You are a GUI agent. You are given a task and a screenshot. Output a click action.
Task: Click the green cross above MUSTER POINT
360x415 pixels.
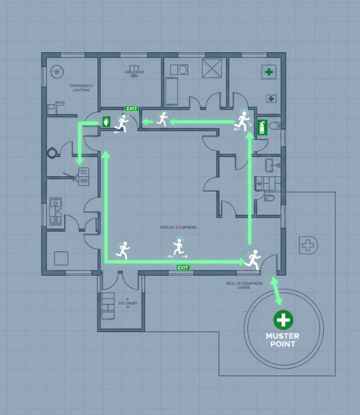(x=282, y=320)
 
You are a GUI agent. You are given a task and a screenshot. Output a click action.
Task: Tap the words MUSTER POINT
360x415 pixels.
(x=282, y=340)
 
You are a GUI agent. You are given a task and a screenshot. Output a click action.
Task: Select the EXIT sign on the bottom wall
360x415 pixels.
(x=182, y=267)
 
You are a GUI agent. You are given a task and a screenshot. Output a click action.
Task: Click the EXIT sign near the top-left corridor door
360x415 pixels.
(x=131, y=109)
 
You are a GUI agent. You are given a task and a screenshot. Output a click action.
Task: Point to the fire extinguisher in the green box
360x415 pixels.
(x=262, y=127)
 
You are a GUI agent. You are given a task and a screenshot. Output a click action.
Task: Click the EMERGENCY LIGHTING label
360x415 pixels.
(x=82, y=88)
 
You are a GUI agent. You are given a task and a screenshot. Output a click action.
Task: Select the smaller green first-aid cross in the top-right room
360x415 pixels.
(x=271, y=98)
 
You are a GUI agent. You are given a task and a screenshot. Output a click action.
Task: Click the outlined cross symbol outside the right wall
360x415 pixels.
(x=308, y=245)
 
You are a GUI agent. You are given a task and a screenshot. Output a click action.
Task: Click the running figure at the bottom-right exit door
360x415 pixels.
(x=253, y=258)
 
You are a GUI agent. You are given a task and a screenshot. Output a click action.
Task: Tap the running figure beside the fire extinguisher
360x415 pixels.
(x=242, y=121)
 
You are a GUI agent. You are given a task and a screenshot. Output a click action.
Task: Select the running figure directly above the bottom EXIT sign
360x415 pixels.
(x=178, y=246)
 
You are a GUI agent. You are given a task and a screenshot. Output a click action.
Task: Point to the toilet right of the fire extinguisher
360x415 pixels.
(x=274, y=126)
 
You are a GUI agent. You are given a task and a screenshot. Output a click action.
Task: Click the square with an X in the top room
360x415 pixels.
(x=212, y=69)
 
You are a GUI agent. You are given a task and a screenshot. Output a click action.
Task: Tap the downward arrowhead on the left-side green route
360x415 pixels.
(x=79, y=162)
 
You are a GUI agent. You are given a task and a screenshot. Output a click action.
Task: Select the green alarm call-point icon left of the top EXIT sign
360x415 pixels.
(x=107, y=122)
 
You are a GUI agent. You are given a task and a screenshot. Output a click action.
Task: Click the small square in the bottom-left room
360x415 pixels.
(x=62, y=258)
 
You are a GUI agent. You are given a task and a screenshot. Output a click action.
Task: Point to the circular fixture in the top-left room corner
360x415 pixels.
(x=57, y=70)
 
